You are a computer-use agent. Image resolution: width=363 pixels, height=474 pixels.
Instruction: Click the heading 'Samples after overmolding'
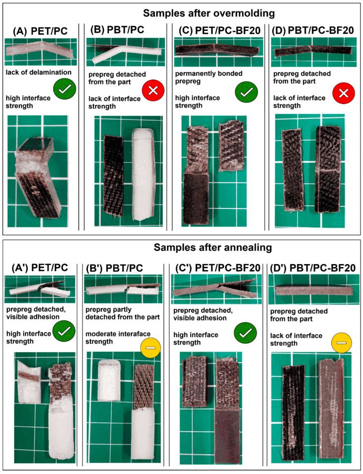point(209,13)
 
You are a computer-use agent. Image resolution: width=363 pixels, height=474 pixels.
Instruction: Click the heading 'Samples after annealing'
point(213,247)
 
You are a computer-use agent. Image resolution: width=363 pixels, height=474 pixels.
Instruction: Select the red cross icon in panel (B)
point(153,90)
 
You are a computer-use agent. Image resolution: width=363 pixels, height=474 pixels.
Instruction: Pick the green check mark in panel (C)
point(246,92)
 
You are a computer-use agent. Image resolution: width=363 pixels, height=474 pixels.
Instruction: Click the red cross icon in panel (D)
point(344,93)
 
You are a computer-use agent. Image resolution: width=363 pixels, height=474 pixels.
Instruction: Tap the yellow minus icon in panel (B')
point(150,348)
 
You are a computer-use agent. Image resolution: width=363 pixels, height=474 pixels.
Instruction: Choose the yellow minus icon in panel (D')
point(342,343)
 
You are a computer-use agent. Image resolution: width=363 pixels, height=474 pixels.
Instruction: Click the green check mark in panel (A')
point(64,331)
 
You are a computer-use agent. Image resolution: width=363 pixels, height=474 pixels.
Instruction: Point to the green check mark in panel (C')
point(246,333)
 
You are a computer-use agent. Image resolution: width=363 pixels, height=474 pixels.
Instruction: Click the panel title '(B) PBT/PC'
point(117,30)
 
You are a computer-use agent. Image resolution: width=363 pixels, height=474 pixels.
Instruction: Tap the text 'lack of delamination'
point(39,72)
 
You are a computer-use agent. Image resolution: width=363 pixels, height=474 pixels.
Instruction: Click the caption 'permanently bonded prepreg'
point(209,78)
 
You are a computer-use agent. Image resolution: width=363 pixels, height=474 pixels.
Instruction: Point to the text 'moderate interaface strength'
point(118,338)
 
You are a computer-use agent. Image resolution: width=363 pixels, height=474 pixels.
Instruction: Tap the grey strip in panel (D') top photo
point(314,290)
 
